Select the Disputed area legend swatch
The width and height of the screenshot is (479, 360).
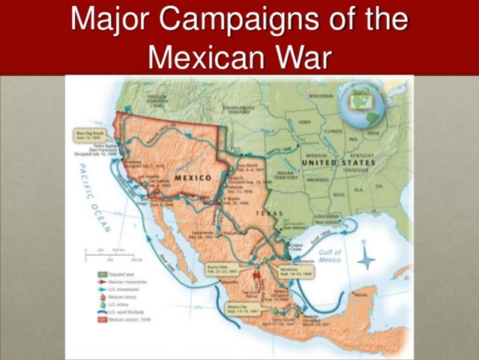[x=103, y=274]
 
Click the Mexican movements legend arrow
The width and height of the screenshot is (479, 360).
[x=103, y=282]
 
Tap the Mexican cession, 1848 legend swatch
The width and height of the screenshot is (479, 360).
[x=103, y=319]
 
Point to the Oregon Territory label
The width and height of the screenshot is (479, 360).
[x=159, y=99]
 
